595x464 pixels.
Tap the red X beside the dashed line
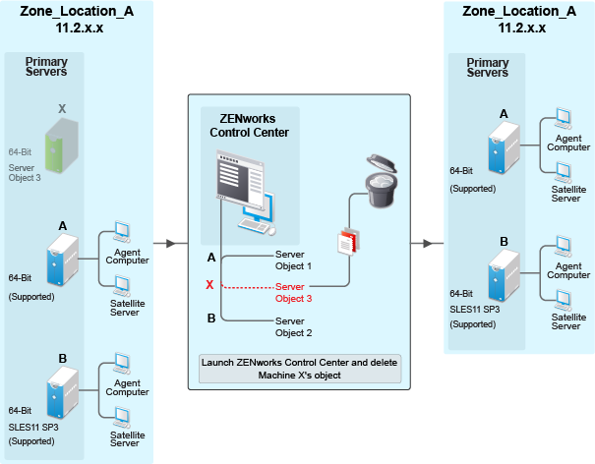(x=209, y=285)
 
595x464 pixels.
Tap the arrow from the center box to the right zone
(x=425, y=243)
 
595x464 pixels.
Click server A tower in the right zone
(x=503, y=149)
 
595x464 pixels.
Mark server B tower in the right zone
(x=503, y=275)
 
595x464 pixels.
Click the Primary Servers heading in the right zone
(x=487, y=68)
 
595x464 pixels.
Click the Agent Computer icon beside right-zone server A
(x=565, y=118)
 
